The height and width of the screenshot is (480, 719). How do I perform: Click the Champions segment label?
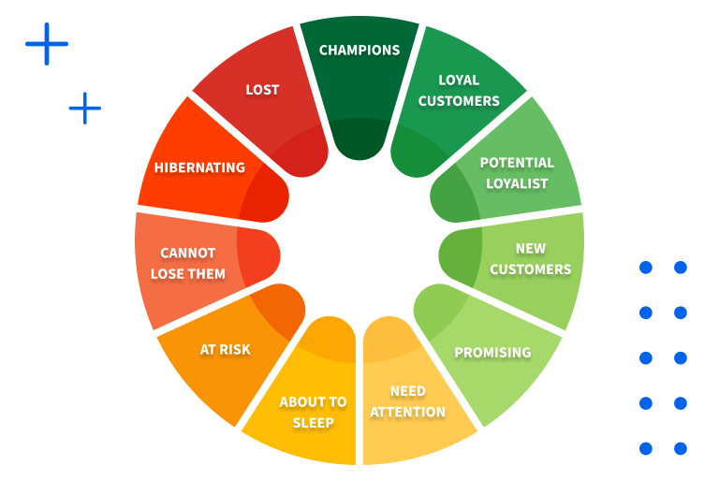pos(359,51)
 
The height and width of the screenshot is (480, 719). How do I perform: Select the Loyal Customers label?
pos(459,90)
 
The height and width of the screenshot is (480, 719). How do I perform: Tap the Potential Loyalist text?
pos(517,173)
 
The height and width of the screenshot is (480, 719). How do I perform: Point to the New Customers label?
pos(530,259)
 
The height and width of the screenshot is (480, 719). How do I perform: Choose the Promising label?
pos(492,353)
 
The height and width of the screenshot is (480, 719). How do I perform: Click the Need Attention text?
pos(407,401)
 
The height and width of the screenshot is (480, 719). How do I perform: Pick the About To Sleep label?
pos(313,412)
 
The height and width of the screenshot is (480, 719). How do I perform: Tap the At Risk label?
pos(226,350)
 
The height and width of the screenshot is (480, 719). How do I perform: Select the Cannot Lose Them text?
pos(188,264)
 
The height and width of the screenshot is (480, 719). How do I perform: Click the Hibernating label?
pos(199,168)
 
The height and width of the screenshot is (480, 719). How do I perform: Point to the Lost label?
pos(262,90)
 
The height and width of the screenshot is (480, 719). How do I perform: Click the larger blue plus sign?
pos(47,44)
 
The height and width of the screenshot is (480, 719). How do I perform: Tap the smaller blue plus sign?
pos(85,109)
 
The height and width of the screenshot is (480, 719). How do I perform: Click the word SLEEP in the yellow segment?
pos(313,422)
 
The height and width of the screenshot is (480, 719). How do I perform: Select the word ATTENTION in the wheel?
pos(407,412)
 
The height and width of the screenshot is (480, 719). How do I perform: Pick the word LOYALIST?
pos(517,183)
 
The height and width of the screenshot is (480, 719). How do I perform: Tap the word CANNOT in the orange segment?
pos(188,253)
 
